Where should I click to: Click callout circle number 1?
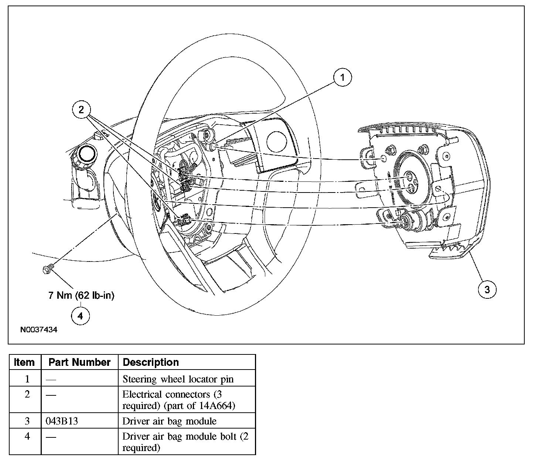coord(342,77)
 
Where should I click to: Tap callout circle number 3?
coord(487,290)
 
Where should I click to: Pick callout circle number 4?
coord(80,316)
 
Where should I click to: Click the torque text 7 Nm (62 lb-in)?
coord(81,295)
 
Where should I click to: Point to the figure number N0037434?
coord(39,330)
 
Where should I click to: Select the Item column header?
coord(24,362)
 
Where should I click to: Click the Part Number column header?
coord(79,362)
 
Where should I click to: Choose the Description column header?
coord(151,362)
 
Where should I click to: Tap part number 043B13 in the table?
coord(62,421)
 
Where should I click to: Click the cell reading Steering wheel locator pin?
coord(178,379)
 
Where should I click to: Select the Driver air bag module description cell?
coord(170,421)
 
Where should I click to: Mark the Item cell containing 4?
coord(27,436)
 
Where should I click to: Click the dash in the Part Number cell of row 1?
coord(51,380)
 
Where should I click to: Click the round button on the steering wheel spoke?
coord(276,142)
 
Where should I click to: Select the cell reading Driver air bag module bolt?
coord(185,442)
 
